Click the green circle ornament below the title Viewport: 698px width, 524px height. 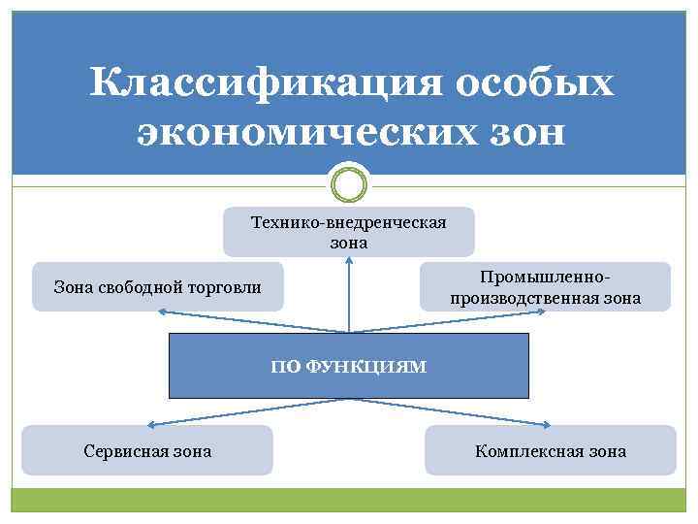point(349,183)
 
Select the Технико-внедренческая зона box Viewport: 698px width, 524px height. point(349,232)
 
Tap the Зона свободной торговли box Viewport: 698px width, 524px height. point(158,286)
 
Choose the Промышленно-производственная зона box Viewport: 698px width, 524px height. point(545,286)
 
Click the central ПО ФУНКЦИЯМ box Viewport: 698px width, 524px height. point(349,366)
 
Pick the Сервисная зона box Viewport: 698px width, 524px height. point(147,450)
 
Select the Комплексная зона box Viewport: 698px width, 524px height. point(550,450)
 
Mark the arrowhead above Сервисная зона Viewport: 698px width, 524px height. point(152,425)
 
